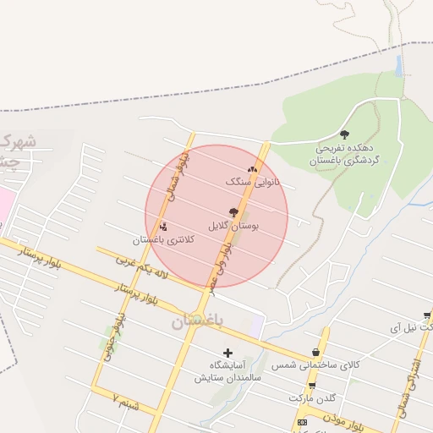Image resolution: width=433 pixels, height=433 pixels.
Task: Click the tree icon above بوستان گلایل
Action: [233, 213]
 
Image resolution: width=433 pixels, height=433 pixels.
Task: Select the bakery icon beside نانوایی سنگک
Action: [252, 169]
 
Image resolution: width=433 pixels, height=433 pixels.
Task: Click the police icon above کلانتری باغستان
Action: [163, 226]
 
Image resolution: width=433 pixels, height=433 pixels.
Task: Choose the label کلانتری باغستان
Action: [170, 239]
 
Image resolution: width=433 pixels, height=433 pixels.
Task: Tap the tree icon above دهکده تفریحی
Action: [343, 134]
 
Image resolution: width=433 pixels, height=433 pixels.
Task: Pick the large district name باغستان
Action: [195, 321]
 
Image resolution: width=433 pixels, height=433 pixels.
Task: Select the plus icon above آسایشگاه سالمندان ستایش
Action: [227, 352]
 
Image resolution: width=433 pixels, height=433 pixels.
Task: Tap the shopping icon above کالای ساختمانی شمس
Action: [316, 352]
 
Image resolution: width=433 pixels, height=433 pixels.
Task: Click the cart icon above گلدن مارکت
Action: [312, 386]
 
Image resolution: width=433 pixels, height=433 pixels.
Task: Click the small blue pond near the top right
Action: [398, 65]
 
